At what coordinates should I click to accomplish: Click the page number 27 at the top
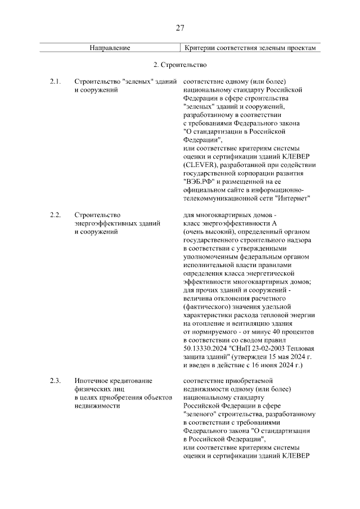coord(180,28)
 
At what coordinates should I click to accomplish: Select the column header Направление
coord(110,48)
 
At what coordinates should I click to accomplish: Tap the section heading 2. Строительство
coord(180,65)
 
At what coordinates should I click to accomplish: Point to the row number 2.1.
coord(55,82)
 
